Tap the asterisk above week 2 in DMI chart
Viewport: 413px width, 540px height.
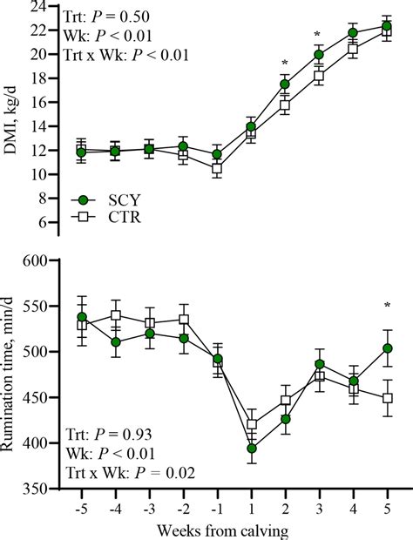[x=285, y=64]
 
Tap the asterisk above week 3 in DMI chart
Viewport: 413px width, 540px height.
[x=319, y=37]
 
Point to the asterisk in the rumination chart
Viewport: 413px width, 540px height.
[x=387, y=306]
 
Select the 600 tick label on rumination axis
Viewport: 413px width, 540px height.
[x=30, y=260]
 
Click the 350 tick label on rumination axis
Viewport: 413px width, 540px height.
[x=30, y=489]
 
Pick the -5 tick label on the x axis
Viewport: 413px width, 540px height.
[x=80, y=506]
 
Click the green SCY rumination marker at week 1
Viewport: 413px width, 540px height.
[x=251, y=449]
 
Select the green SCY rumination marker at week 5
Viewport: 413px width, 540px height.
[x=387, y=348]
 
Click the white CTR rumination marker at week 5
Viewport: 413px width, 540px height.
[x=387, y=398]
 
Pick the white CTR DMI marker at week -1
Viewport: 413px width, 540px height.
[x=217, y=169]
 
